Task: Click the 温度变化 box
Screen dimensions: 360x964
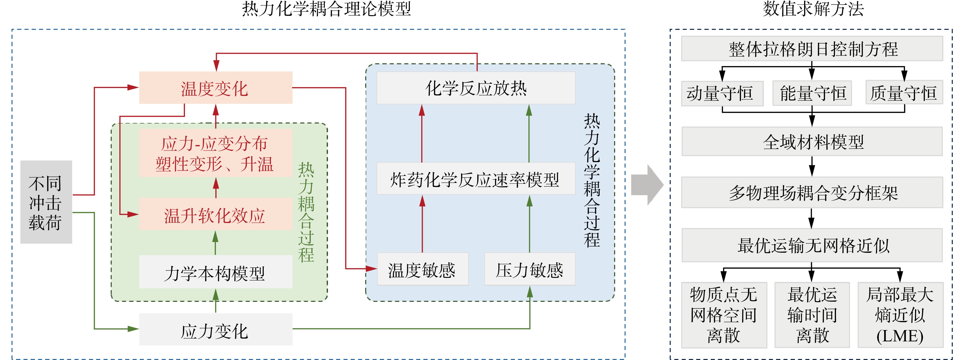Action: [215, 88]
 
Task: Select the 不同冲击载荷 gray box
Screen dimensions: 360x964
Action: [46, 202]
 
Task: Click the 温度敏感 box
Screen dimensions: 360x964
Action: [423, 269]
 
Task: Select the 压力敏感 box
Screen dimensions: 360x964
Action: [529, 269]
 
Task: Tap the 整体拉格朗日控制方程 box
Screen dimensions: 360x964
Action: [812, 49]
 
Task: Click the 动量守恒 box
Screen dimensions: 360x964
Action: [722, 93]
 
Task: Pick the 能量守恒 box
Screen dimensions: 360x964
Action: [812, 93]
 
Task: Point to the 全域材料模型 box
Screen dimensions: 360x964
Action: [812, 141]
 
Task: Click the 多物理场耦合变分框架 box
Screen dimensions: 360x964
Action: [812, 192]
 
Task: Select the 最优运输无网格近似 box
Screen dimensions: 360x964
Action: [812, 245]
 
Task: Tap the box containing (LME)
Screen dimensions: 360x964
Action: [900, 315]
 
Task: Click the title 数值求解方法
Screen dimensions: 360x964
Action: [813, 9]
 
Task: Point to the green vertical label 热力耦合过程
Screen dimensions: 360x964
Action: [306, 212]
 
